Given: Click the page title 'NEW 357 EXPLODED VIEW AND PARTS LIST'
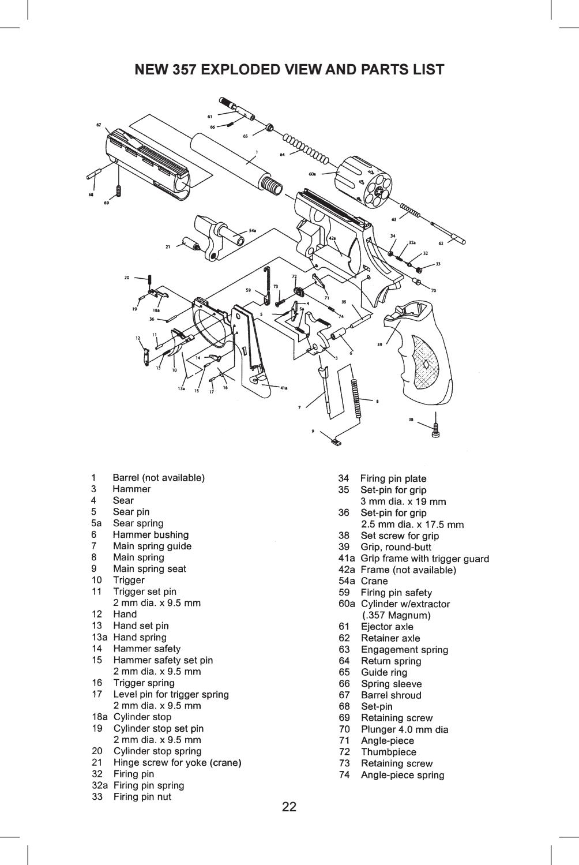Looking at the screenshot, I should (289, 70).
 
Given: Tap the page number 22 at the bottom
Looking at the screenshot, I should (289, 807).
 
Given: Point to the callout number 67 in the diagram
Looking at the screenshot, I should (99, 125).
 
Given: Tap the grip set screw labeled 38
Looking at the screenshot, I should (437, 428).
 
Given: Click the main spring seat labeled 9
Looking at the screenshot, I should (336, 442).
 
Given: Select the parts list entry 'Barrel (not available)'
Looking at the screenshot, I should (159, 478).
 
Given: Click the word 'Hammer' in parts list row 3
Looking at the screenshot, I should (131, 489).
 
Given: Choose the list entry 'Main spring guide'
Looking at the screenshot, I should (152, 546).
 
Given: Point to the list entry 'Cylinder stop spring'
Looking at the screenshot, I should (157, 751).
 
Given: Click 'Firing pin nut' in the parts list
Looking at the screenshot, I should (142, 796).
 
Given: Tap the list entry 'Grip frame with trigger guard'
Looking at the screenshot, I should (424, 558).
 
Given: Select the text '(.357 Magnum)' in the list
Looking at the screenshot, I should (397, 615).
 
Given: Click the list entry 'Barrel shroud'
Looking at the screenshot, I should (390, 695).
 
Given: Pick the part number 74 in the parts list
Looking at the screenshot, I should (344, 774).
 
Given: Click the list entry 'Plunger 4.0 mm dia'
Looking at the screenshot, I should (404, 729).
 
